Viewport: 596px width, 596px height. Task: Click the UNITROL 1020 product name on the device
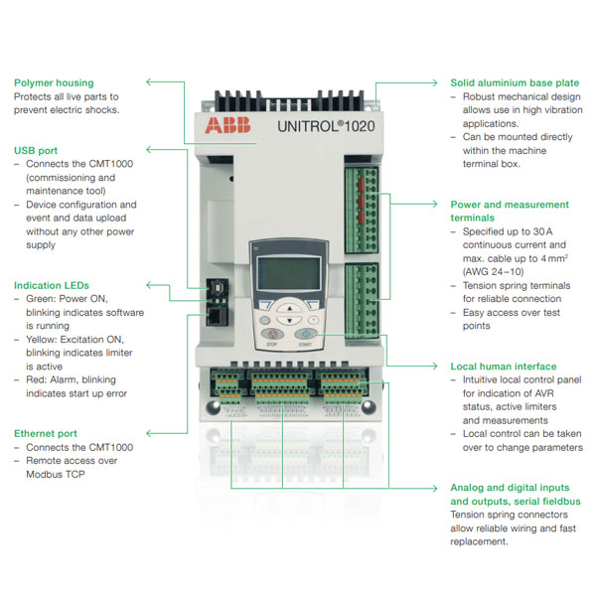point(305,125)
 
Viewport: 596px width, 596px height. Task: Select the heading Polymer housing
point(54,82)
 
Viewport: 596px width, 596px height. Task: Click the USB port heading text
point(38,150)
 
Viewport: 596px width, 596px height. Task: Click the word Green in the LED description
point(43,299)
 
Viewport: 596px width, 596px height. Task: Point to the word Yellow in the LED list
point(44,339)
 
